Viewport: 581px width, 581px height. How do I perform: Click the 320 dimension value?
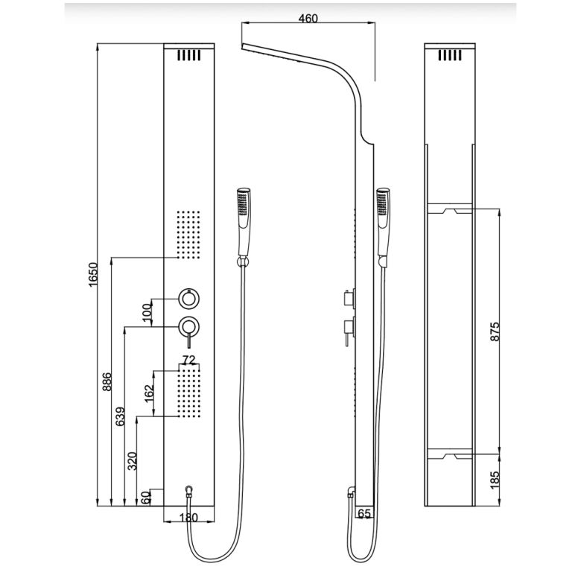pos(133,461)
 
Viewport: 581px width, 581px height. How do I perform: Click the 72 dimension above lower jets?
pos(189,361)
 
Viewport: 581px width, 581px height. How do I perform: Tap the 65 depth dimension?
pos(364,513)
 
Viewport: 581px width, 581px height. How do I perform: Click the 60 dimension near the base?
pos(146,498)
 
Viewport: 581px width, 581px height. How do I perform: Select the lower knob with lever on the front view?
pos(189,326)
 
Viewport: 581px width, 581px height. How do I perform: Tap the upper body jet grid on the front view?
pos(189,234)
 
